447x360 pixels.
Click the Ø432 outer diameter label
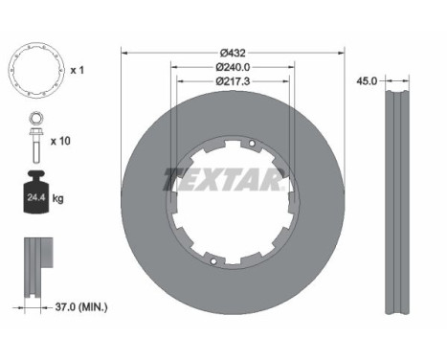[233, 53]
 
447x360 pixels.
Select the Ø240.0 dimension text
[233, 67]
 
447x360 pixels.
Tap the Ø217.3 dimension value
[233, 81]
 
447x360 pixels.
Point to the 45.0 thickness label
[367, 81]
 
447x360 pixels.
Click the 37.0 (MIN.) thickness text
[81, 307]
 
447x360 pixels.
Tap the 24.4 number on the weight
[35, 197]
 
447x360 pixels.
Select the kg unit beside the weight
[57, 199]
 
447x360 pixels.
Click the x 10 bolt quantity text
[60, 141]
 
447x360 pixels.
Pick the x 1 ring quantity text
[77, 70]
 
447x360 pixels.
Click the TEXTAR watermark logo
[224, 180]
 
